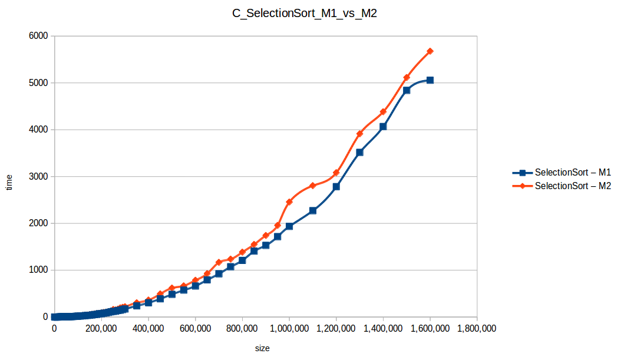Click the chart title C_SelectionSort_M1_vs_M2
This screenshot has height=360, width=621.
point(304,15)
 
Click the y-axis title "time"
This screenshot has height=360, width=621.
point(9,183)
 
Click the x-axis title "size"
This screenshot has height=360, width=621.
point(262,348)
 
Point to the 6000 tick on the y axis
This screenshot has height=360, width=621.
point(39,36)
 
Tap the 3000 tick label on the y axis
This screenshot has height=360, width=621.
point(39,177)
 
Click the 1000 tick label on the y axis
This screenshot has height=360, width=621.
point(39,270)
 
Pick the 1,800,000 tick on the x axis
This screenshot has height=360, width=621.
point(476,329)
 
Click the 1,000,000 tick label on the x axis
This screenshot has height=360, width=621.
point(289,329)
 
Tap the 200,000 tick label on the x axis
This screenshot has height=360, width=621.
point(101,329)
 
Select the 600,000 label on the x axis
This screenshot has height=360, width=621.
point(195,329)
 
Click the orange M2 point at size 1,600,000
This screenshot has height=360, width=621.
point(430,51)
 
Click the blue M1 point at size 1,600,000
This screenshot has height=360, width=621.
point(430,80)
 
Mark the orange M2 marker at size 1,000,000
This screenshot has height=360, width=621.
point(289,202)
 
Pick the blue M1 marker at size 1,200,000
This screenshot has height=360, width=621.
point(336,187)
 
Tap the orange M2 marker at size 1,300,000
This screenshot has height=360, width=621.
point(359,134)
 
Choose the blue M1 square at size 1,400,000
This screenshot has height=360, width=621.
point(383,127)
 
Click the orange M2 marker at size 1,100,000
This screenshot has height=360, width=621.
point(313,186)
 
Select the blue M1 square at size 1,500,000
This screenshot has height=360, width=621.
point(407,90)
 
